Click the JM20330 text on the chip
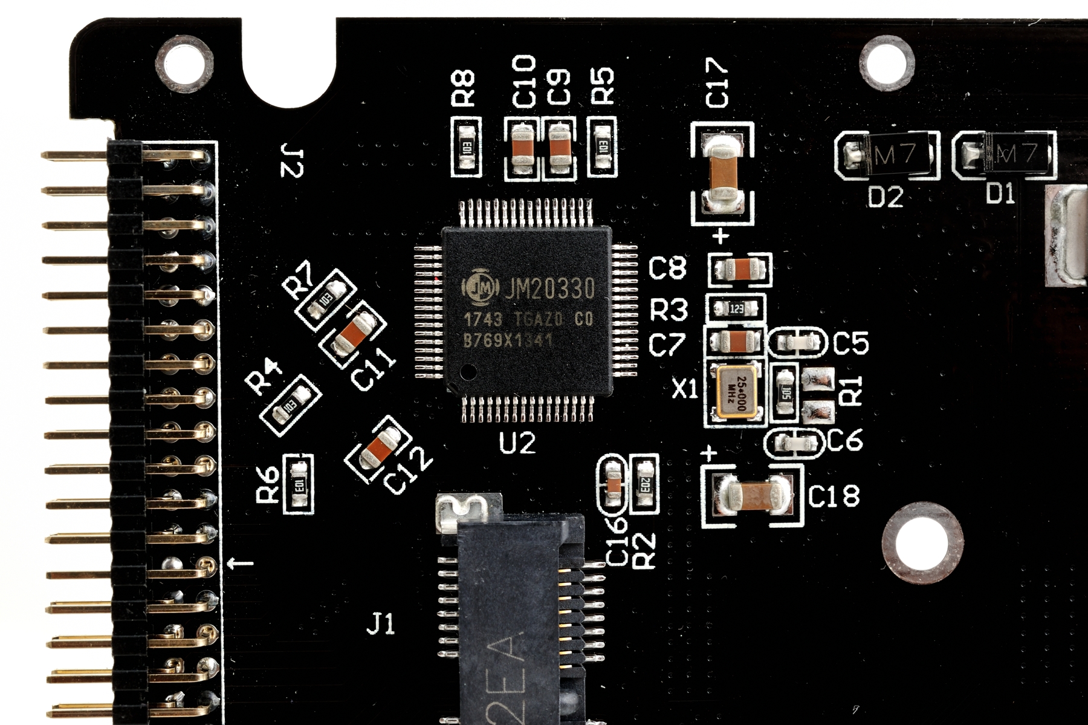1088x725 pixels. click(549, 290)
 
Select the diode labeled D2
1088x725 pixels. click(889, 156)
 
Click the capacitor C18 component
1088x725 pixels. click(753, 494)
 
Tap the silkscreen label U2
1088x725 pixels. click(517, 444)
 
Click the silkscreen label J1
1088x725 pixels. click(381, 623)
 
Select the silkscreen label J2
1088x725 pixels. click(292, 160)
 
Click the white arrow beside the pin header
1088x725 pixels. click(240, 564)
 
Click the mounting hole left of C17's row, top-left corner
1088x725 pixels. click(184, 62)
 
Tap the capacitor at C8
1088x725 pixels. click(740, 268)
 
